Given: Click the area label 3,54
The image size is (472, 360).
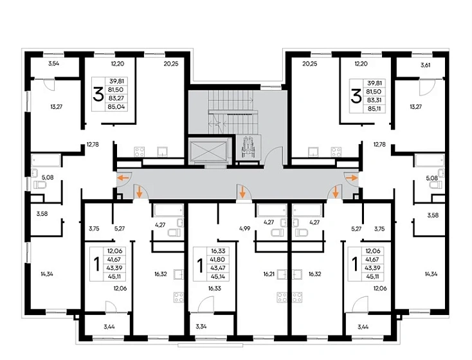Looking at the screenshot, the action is [53, 64].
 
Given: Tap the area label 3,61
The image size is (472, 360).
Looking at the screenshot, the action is [425, 65].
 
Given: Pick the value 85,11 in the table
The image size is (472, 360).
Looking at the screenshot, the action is [374, 109].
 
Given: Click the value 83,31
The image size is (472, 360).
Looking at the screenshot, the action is [374, 100].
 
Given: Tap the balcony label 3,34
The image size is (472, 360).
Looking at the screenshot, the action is [201, 327].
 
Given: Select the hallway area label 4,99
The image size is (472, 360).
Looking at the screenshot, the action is [245, 228].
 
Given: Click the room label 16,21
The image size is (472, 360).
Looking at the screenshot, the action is [269, 274].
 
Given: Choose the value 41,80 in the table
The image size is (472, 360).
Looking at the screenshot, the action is [219, 260].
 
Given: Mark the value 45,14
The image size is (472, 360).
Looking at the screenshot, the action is [219, 276].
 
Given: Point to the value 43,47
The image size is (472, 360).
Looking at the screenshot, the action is [219, 268].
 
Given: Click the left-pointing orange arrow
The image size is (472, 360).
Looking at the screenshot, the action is [123, 178].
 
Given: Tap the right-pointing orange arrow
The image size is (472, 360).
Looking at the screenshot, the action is [352, 178].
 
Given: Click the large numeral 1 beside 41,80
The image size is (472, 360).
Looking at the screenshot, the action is [199, 264].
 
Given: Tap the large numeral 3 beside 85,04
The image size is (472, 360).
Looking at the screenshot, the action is [98, 94].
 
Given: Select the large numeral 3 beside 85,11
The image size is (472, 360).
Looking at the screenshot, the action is [356, 96].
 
